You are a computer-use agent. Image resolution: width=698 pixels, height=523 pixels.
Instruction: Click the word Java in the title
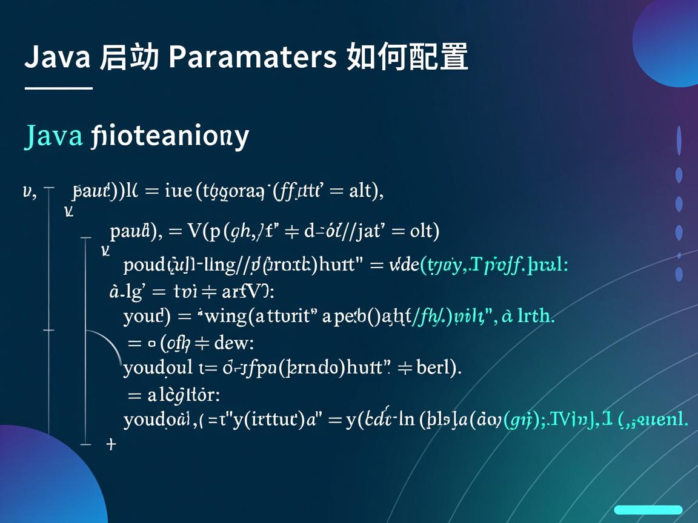pyautogui.click(x=58, y=58)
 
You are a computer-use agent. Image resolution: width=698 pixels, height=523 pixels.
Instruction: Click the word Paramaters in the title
pyautogui.click(x=252, y=58)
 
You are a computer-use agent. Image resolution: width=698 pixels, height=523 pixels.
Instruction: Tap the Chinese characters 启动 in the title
pyautogui.click(x=129, y=58)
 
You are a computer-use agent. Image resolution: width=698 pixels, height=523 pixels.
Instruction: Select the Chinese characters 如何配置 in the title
pyautogui.click(x=407, y=58)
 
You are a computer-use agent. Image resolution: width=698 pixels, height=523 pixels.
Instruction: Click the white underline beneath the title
pyautogui.click(x=58, y=88)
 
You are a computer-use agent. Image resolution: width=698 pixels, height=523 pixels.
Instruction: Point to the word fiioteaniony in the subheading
pyautogui.click(x=170, y=136)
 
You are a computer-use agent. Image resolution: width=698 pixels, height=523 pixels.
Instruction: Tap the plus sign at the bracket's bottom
pyautogui.click(x=110, y=444)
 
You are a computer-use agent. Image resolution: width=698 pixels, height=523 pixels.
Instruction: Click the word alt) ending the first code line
pyautogui.click(x=366, y=192)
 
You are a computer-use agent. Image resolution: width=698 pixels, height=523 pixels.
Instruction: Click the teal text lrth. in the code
pyautogui.click(x=536, y=315)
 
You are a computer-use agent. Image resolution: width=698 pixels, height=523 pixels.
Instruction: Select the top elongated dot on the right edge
pyautogui.click(x=679, y=140)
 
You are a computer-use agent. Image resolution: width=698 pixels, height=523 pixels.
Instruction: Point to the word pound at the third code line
pyautogui.click(x=144, y=265)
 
